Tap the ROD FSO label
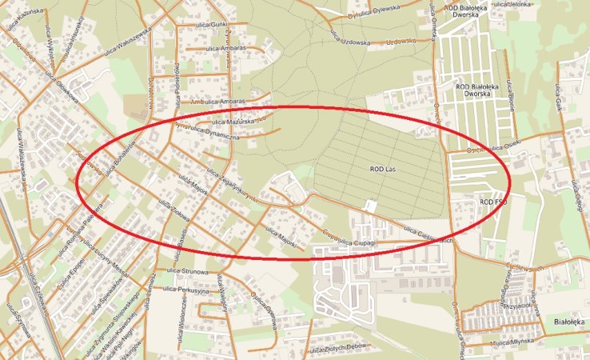493,202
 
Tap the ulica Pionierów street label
173,80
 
